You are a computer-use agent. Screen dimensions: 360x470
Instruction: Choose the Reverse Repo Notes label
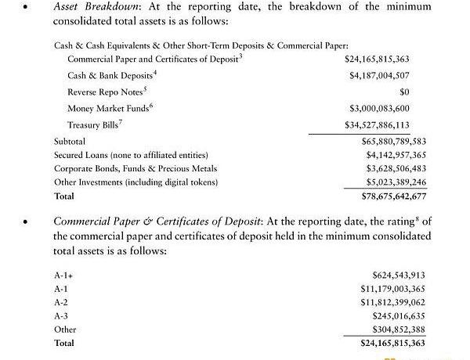(100, 92)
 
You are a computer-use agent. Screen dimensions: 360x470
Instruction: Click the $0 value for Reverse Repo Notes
(417, 92)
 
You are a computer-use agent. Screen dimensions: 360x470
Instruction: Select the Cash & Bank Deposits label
(102, 75)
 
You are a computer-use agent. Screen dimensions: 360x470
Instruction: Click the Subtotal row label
(70, 142)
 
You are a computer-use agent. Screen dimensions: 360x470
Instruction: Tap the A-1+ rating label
(63, 275)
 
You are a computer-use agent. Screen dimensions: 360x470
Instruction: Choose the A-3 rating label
(62, 315)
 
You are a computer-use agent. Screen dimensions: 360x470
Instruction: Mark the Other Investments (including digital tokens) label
(136, 182)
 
